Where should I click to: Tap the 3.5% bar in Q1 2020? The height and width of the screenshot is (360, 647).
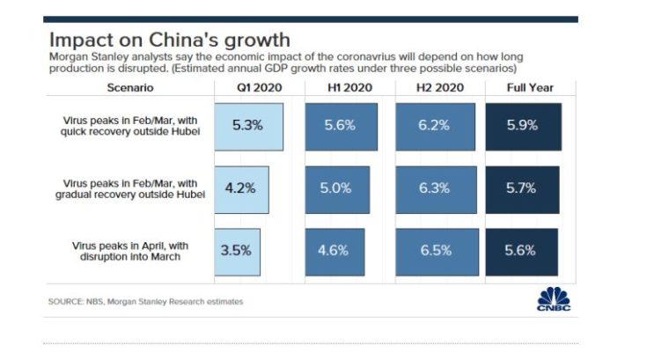[237, 250]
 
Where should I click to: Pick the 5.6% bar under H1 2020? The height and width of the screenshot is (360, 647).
[341, 125]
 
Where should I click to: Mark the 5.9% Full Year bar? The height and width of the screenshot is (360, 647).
[522, 125]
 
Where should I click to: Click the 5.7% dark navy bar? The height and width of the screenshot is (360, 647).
[521, 187]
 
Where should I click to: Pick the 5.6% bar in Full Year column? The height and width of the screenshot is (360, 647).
[520, 250]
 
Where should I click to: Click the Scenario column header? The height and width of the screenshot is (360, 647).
[130, 88]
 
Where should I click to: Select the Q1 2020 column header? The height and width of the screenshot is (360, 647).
[249, 88]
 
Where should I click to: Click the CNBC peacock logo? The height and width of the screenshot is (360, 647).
[554, 298]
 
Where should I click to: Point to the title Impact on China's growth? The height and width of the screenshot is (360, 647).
[169, 40]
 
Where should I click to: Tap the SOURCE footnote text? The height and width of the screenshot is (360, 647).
[145, 302]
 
